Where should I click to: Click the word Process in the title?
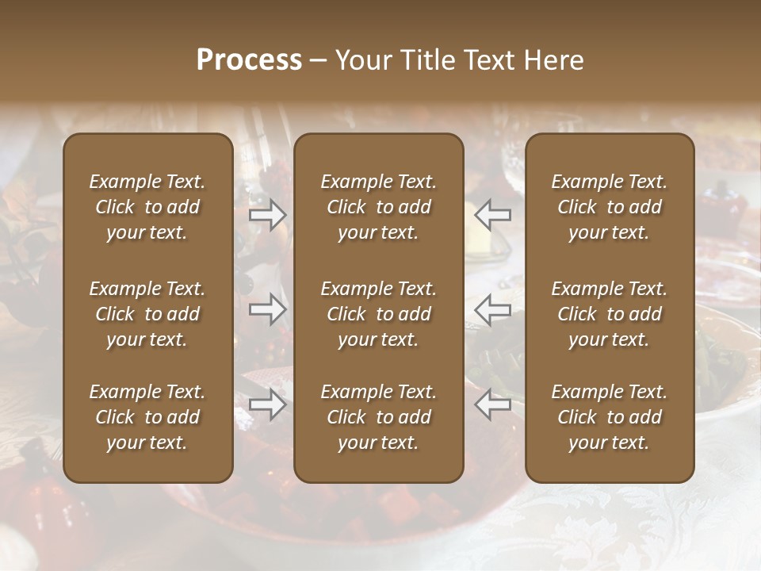(x=249, y=60)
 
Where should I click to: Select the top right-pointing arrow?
(x=268, y=215)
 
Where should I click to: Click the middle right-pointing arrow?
(x=268, y=309)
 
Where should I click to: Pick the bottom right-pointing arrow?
(x=268, y=404)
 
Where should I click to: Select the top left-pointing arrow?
(x=493, y=215)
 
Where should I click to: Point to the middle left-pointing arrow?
(x=493, y=309)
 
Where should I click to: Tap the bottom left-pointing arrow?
(x=493, y=404)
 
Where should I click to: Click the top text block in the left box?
(x=147, y=207)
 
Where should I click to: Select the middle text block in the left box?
(x=147, y=314)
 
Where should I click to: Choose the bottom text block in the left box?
(x=147, y=417)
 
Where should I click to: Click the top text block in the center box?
(x=379, y=207)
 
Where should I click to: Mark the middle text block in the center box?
(x=379, y=314)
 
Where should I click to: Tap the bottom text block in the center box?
(x=379, y=417)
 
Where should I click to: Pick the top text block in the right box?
(x=610, y=207)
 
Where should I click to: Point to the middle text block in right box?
(x=610, y=314)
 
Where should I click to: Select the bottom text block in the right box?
(x=610, y=417)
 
